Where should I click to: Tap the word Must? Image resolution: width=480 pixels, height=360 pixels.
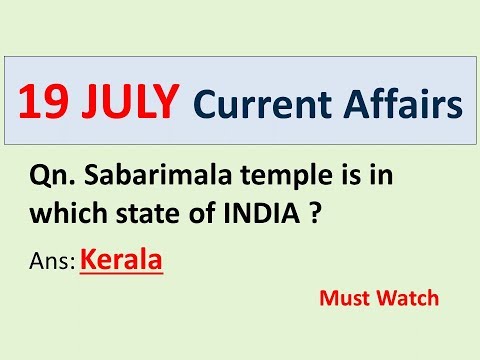tap(342, 297)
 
